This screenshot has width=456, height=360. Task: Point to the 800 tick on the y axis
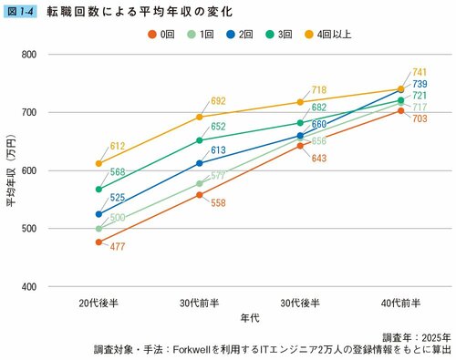(x=27, y=55)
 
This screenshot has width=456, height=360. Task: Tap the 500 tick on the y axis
(x=27, y=229)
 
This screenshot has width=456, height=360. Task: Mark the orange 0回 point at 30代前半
(x=199, y=195)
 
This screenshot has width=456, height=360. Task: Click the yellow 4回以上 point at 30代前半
(x=199, y=117)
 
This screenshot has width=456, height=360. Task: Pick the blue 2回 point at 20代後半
(x=98, y=214)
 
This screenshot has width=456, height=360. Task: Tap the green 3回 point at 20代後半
(x=98, y=189)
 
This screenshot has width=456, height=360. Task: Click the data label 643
(x=317, y=159)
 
